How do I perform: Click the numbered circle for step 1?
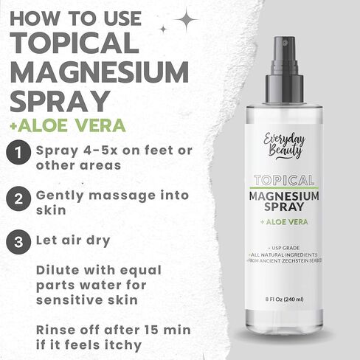coord(18,152)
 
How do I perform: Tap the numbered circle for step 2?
coord(18,198)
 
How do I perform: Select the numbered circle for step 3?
coord(18,242)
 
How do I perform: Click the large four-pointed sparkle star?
coord(187,20)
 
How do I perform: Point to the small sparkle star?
coord(163,30)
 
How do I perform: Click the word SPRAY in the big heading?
coord(60,102)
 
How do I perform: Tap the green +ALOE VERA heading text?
coord(68,125)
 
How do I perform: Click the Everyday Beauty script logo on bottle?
coord(284,147)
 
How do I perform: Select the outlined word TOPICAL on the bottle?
coord(284,180)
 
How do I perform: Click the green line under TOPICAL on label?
coord(284,187)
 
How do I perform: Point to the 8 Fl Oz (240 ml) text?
coord(284,300)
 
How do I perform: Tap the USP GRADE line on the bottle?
coord(284,248)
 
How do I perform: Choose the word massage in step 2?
coord(122,196)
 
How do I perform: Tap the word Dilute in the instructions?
coord(58,270)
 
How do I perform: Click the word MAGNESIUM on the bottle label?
coord(284,196)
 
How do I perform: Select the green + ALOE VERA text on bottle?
coord(284,222)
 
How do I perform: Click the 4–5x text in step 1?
coord(100,150)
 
